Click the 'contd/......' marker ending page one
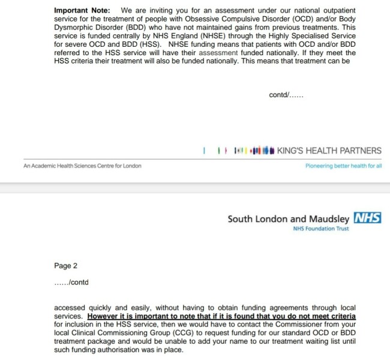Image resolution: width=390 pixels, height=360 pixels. click(286, 95)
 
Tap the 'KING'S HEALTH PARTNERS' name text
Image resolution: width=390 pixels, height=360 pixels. click(329, 151)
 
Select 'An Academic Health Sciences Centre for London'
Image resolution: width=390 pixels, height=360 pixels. click(82, 166)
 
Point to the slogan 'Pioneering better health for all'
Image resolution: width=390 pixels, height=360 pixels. click(343, 166)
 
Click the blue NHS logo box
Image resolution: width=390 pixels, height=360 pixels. click(367, 218)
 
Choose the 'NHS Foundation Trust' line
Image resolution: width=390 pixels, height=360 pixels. click(320, 230)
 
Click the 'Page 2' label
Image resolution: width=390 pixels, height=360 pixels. click(65, 266)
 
